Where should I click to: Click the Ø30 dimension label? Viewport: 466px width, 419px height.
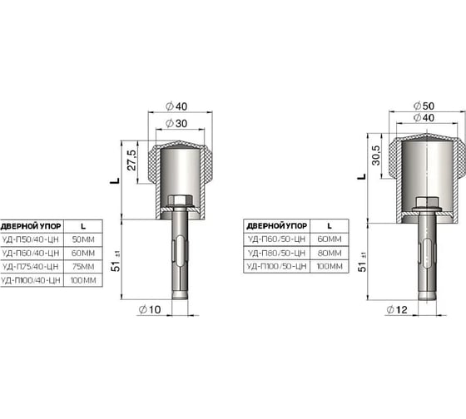tap(176, 124)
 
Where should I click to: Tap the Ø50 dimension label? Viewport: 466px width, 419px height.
tap(424, 106)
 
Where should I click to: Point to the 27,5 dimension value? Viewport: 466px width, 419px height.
tap(132, 160)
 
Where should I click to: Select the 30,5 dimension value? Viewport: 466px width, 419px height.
tap(376, 155)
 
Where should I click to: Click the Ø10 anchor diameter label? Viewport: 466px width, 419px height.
tap(150, 310)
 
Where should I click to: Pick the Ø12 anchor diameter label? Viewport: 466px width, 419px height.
tap(397, 310)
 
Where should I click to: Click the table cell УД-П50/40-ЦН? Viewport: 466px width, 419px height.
tap(30, 239)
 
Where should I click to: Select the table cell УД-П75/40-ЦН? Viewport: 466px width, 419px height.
tap(30, 267)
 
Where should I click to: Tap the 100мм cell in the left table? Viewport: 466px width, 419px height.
tap(83, 280)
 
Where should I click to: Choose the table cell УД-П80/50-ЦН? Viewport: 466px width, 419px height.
tap(276, 253)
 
